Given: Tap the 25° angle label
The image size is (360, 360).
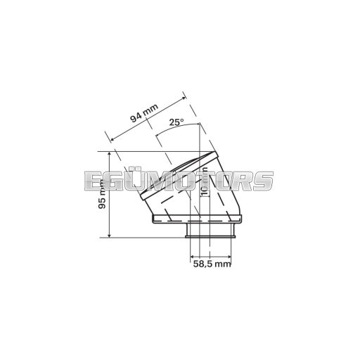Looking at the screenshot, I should point(176,122).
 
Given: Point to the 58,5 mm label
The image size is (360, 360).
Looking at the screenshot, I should point(212,264).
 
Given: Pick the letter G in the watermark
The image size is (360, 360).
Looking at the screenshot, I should point(115,181).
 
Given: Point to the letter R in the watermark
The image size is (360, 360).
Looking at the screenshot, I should point(243,181).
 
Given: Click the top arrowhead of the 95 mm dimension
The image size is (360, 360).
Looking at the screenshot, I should point(110,154).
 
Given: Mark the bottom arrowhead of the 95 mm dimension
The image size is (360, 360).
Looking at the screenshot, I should point(110,235).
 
